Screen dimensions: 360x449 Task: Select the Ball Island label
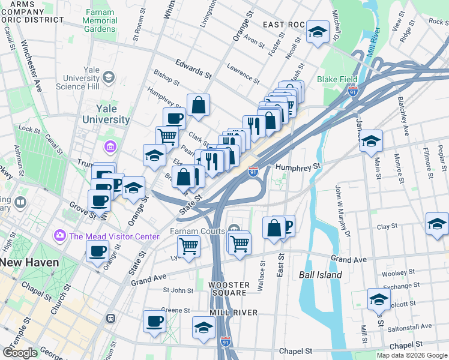click(321, 275)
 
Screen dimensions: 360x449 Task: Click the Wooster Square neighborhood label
click(228, 289)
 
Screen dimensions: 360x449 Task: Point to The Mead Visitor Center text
click(114, 236)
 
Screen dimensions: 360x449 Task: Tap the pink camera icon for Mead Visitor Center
click(60, 236)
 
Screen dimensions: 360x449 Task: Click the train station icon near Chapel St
click(110, 318)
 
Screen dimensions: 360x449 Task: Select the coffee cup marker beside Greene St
click(154, 321)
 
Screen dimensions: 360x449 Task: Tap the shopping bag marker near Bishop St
click(198, 105)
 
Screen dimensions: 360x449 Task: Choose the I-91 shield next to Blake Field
click(353, 91)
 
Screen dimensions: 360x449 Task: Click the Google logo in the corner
click(20, 353)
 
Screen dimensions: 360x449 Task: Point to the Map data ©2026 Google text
click(412, 355)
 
